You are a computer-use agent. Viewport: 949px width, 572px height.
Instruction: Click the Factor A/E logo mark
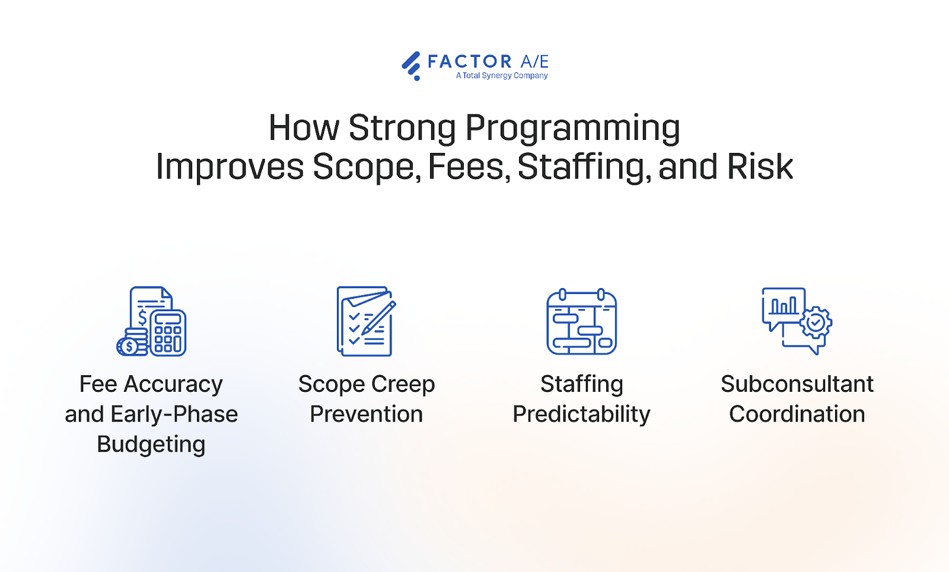point(411,65)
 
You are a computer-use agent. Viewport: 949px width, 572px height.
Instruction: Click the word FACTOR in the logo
point(469,62)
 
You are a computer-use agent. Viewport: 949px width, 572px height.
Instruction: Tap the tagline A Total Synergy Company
point(502,76)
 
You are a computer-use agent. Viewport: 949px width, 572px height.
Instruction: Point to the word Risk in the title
point(760,167)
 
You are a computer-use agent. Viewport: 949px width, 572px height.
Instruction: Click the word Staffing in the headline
point(581,167)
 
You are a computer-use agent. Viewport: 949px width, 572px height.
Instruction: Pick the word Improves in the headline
point(230,167)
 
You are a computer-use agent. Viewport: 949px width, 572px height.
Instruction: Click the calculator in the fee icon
point(168,333)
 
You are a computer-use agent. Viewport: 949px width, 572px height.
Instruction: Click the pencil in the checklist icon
point(378,317)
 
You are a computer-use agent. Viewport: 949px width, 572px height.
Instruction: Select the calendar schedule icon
point(581,322)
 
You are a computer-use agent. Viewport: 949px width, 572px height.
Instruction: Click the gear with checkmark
point(816,322)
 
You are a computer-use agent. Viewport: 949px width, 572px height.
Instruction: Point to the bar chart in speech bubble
point(783,306)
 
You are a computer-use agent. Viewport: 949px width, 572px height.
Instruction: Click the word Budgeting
point(151,444)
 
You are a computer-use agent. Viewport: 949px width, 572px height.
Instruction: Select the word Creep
point(403,384)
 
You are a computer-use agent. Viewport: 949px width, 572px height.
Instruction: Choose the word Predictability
point(581,414)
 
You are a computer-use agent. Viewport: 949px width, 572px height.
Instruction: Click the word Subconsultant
point(797,384)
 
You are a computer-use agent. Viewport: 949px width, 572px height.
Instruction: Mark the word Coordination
point(797,414)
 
